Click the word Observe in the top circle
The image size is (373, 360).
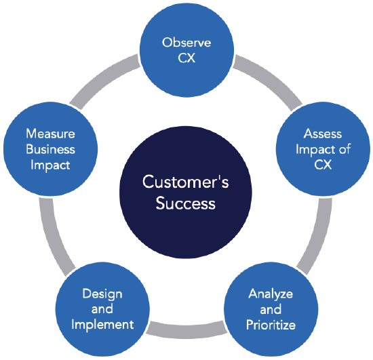pos(186,43)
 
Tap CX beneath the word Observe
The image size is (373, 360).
pos(186,58)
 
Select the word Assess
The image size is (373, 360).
pos(323,134)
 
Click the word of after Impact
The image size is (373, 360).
pos(344,148)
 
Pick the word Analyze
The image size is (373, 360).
pos(271,294)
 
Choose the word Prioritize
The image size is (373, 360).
pos(271,325)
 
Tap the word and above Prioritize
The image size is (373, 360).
pos(271,310)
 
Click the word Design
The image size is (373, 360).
pos(102,294)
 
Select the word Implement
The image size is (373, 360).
pos(102,325)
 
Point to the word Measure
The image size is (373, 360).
pos(50,134)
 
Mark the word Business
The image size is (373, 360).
pos(50,148)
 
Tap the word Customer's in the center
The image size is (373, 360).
pos(186,182)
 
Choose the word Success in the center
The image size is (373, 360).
pos(186,203)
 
